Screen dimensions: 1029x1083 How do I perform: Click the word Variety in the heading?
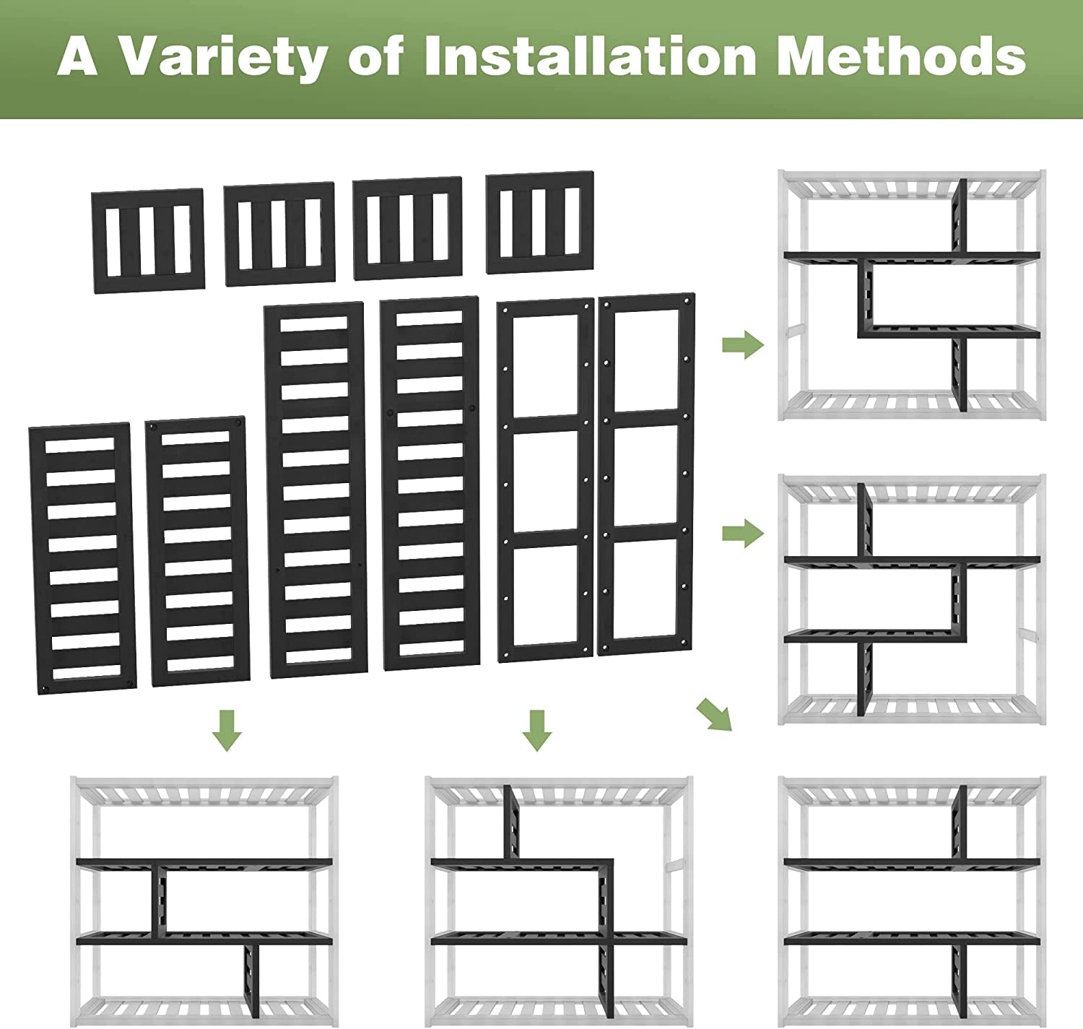click(x=222, y=56)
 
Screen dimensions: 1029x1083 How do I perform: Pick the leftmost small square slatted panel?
click(x=148, y=240)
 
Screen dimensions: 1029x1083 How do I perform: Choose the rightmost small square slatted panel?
click(x=540, y=222)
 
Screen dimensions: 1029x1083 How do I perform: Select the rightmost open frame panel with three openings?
click(x=646, y=474)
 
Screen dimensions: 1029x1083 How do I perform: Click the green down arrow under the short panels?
click(x=227, y=729)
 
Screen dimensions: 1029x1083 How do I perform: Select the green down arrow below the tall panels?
click(x=536, y=729)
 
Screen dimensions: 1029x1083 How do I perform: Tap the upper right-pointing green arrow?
click(x=743, y=344)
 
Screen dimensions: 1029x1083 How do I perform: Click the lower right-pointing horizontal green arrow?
click(x=743, y=534)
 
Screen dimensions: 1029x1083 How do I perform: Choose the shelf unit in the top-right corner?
click(x=911, y=295)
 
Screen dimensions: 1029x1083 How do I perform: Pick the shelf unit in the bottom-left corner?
click(x=204, y=899)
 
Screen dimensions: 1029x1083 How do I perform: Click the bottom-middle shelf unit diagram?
click(x=558, y=899)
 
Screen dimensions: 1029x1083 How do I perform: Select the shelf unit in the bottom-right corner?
click(x=911, y=899)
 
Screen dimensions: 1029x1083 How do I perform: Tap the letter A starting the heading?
click(x=77, y=56)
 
